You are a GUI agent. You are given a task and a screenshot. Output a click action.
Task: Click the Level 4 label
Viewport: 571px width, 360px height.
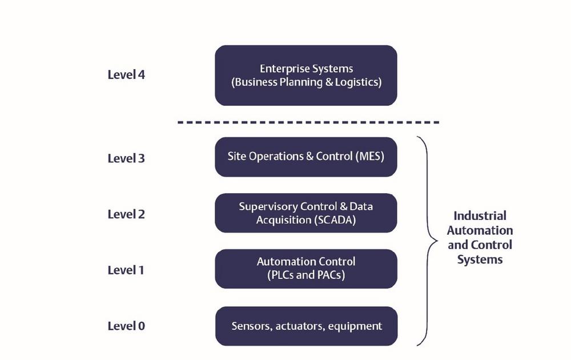coord(126,75)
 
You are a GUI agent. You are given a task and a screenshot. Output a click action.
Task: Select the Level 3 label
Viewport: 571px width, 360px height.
coord(126,158)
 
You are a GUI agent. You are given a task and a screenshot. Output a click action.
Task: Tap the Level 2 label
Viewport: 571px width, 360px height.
coord(126,214)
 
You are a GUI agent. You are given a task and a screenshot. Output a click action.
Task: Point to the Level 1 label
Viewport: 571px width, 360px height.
coord(126,270)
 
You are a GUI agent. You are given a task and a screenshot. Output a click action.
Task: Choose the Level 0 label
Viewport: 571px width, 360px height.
coord(126,326)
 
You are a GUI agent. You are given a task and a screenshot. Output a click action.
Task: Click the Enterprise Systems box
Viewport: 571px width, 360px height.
coord(306,75)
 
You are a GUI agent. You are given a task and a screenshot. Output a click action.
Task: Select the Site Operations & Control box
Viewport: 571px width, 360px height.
coord(306,157)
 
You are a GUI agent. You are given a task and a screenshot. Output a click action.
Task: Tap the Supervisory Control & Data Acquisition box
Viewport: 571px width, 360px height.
coord(306,213)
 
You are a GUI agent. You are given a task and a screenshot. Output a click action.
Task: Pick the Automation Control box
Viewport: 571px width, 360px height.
coord(306,269)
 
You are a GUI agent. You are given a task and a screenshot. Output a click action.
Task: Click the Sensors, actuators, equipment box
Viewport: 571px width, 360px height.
coord(306,326)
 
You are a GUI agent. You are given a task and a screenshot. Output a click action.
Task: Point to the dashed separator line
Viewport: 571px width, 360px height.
coord(308,122)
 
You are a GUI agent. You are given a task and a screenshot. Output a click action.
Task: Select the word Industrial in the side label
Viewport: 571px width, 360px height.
coord(480,215)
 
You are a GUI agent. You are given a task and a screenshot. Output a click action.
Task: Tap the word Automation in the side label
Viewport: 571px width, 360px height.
coord(480,230)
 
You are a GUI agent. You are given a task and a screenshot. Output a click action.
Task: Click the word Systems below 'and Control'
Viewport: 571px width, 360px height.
coord(480,260)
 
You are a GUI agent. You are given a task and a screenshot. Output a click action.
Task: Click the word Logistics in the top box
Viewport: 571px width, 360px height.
coord(359,82)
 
